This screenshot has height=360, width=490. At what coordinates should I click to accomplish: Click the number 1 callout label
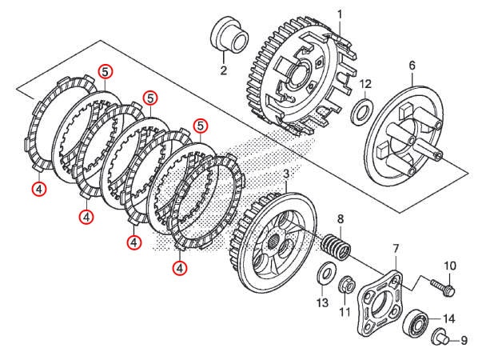click(339, 14)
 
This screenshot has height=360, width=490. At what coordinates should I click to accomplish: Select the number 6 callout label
click(412, 65)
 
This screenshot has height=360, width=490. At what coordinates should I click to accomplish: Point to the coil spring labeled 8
click(337, 246)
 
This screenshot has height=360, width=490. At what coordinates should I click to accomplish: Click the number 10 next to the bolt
click(449, 266)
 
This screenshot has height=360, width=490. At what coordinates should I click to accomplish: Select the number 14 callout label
click(448, 318)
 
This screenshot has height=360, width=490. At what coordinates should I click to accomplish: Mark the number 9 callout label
click(463, 341)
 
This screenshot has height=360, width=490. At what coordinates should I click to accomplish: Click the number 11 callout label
click(345, 311)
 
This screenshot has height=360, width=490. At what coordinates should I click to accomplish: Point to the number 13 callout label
click(321, 302)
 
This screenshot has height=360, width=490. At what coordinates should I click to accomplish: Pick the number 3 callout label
click(285, 174)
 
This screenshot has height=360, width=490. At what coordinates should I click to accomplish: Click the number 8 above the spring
click(340, 218)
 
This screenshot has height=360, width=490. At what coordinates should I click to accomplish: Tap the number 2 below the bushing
click(224, 70)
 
